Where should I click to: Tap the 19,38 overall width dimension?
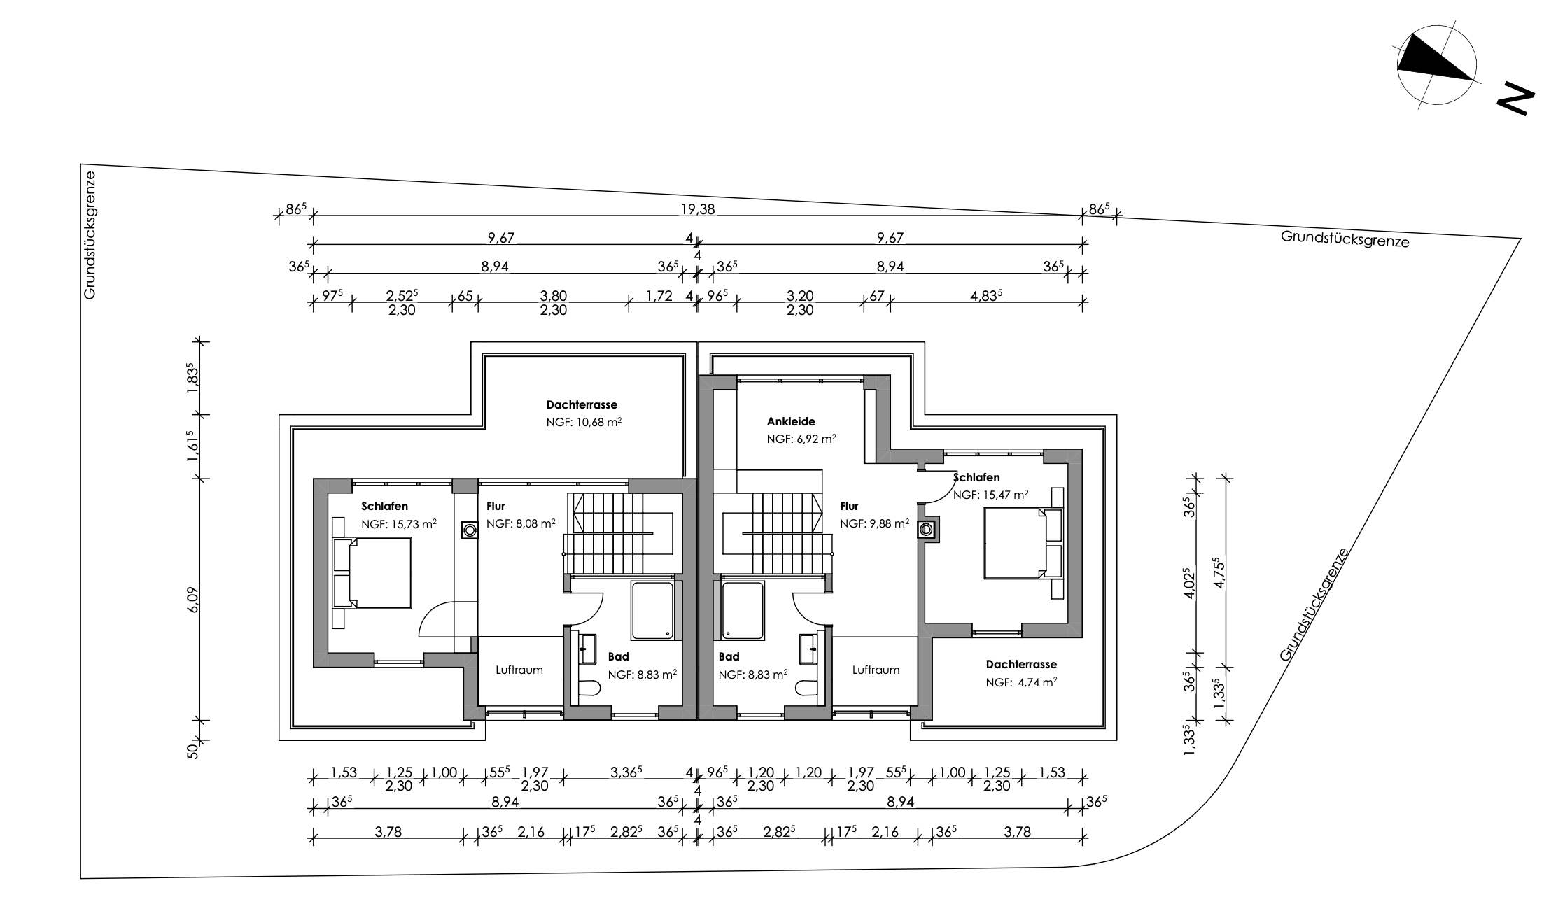(698, 209)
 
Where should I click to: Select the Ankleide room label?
(791, 422)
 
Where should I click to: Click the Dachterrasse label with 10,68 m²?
(582, 405)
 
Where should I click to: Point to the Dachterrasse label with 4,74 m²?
(1021, 664)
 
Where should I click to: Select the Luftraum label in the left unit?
(519, 670)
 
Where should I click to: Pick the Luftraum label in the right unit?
(876, 670)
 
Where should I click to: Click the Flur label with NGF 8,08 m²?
(496, 506)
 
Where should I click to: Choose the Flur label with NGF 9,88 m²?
(849, 506)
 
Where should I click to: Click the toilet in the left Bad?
(589, 688)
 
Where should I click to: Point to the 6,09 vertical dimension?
(193, 600)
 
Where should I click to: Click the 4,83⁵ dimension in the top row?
(986, 295)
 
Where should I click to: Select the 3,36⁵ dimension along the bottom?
(626, 772)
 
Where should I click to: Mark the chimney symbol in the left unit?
(470, 530)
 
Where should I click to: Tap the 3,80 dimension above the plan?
(553, 295)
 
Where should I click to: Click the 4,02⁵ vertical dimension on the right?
(1188, 582)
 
